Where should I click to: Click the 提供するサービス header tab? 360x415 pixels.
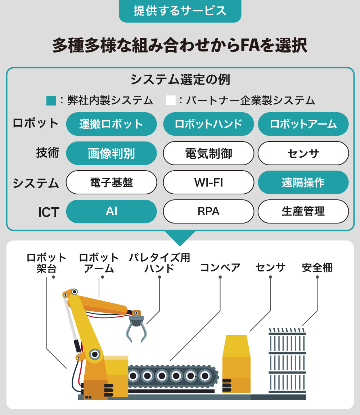(x=180, y=11)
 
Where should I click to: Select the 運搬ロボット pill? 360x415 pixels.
(x=112, y=124)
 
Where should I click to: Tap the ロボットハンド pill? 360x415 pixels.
(x=208, y=124)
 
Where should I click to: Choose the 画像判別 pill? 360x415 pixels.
(x=112, y=153)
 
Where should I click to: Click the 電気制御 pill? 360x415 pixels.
(x=208, y=153)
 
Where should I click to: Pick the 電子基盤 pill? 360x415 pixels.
(x=112, y=182)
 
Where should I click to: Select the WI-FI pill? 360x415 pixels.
(x=208, y=182)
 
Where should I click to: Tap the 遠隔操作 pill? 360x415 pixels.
(x=303, y=182)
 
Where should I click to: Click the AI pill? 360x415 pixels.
(x=112, y=212)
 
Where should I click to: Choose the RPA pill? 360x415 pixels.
(x=208, y=212)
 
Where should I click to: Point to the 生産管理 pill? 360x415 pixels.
(x=303, y=212)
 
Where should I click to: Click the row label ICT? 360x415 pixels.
(x=49, y=212)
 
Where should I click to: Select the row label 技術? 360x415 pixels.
(x=48, y=153)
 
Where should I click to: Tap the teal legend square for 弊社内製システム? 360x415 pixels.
(x=51, y=100)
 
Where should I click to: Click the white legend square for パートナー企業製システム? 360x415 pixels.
(x=171, y=100)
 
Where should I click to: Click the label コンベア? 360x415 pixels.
(x=220, y=267)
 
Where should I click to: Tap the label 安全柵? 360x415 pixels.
(x=317, y=267)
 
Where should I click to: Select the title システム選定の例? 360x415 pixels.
(x=180, y=80)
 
